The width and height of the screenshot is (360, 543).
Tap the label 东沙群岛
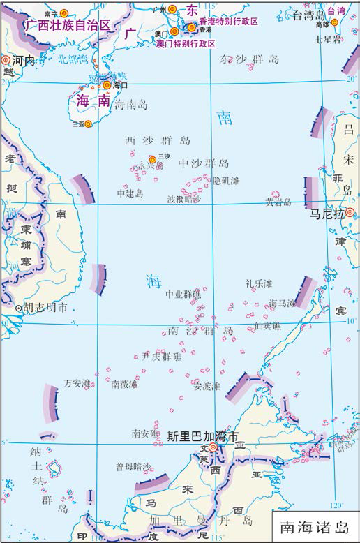[x=249, y=59]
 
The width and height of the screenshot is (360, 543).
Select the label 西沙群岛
[x=157, y=140]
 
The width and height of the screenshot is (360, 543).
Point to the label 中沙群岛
[x=203, y=163]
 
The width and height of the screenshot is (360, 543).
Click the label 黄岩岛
[x=278, y=202]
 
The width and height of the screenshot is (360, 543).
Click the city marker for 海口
[x=107, y=85]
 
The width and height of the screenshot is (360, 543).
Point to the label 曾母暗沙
[x=133, y=466]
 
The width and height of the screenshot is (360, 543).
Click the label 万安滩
[x=77, y=383]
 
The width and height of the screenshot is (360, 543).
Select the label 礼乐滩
[x=258, y=283]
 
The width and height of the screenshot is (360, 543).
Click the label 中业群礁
[x=183, y=295]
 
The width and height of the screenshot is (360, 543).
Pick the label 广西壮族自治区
[x=68, y=25]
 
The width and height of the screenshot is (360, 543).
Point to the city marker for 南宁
[x=65, y=13]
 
